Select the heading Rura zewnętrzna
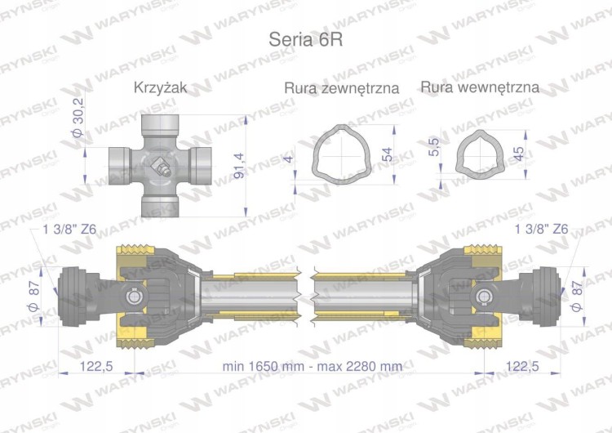tap(341, 87)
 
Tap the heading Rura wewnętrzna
tap(481, 87)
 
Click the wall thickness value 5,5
tap(434, 147)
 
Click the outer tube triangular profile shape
tap(342, 154)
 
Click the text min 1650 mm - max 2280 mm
tap(312, 366)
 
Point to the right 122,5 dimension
tap(523, 366)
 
